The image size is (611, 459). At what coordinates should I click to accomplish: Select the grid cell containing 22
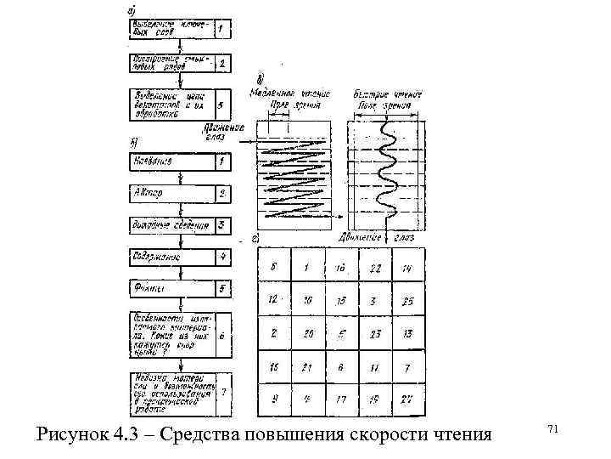pos(376,267)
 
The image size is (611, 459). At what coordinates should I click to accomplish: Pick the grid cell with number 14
pos(409,267)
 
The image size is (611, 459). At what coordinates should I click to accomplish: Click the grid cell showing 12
pos(274,300)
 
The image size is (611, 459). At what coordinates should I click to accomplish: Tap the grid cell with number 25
pos(409,300)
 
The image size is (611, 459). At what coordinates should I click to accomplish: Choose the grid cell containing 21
pos(307,366)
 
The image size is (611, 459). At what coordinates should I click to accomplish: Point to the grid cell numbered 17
pos(342,399)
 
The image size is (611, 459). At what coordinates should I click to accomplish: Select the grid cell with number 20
pos(307,333)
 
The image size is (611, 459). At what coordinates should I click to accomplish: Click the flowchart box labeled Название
pos(169,160)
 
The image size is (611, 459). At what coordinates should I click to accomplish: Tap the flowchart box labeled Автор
pos(169,193)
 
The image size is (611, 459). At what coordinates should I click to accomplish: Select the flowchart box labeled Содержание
pos(169,255)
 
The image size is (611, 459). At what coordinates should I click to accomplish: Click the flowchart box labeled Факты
pos(169,288)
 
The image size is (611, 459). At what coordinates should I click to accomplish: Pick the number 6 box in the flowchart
pos(221,336)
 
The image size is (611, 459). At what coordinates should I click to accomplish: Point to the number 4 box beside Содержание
pos(221,255)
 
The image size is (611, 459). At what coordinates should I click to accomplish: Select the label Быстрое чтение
pos(384,93)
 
